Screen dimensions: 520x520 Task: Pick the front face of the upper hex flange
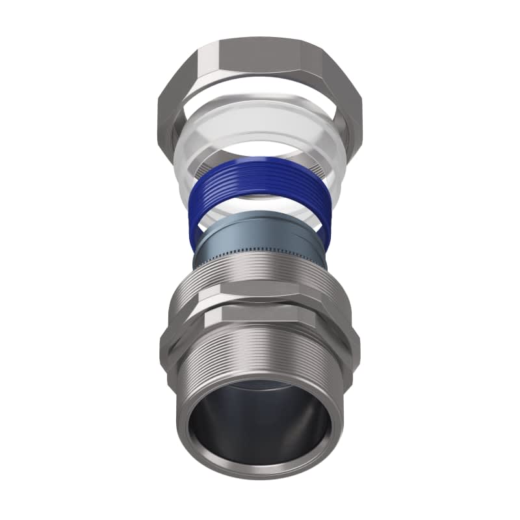point(260,296)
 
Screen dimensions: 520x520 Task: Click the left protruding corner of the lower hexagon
point(164,338)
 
